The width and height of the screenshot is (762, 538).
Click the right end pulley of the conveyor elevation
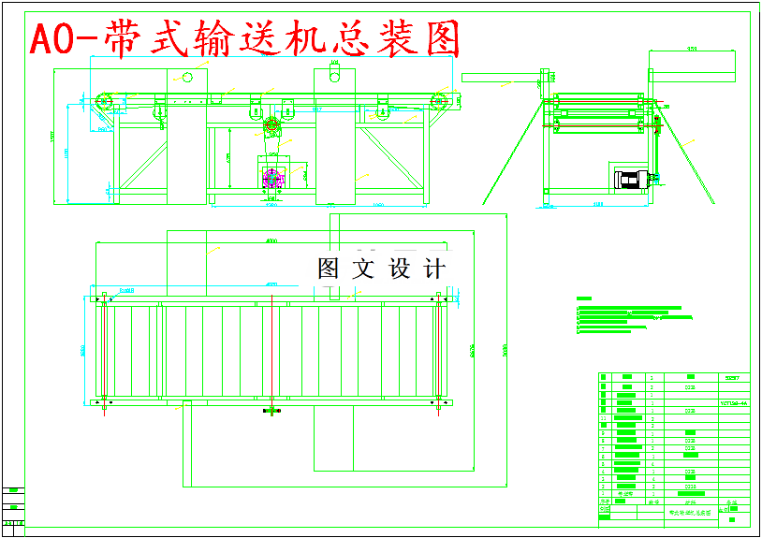[x=436, y=101]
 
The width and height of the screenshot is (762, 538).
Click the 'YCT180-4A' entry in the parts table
[x=733, y=403]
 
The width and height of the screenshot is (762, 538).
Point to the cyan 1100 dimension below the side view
[x=597, y=205]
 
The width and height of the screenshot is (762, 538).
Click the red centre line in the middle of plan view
[x=271, y=351]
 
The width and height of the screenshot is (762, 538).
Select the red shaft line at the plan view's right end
[x=438, y=351]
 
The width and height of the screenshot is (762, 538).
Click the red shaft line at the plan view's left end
[x=103, y=351]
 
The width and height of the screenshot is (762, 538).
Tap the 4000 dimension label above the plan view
[x=271, y=241]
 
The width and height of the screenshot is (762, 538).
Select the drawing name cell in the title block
[x=689, y=512]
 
